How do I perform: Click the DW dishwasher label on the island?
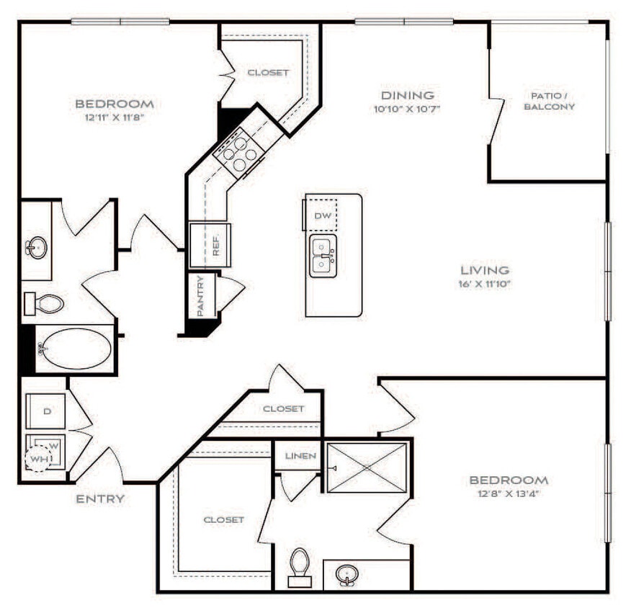321,216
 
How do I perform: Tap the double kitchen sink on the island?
322,256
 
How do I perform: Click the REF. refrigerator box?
210,245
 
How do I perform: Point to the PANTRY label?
201,295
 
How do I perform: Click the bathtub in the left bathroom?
74,349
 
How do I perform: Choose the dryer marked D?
47,411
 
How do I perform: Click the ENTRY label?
100,499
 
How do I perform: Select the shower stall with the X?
367,468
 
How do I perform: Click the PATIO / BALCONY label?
553,101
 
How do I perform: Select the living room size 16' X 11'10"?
485,284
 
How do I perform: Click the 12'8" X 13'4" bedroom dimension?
509,493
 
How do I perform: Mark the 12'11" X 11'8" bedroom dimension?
115,117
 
